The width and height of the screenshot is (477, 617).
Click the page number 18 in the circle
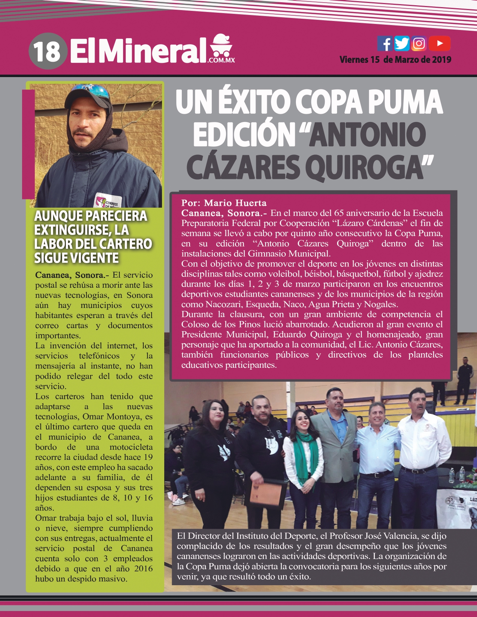(x=47, y=51)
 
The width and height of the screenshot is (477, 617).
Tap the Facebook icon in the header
(x=385, y=43)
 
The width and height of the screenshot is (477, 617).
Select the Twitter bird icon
(x=402, y=43)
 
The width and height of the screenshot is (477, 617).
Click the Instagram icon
(x=419, y=43)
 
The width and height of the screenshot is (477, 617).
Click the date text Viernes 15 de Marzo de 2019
(x=395, y=59)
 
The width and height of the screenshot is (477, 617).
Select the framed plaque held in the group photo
(x=266, y=494)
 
